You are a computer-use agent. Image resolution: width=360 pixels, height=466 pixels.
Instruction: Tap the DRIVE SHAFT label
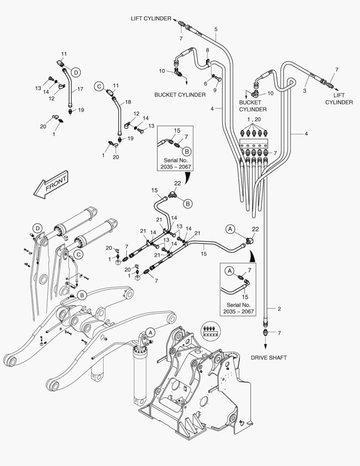click(269, 358)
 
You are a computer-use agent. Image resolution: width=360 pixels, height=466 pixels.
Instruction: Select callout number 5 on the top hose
click(216, 29)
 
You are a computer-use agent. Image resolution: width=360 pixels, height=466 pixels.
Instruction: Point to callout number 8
click(207, 50)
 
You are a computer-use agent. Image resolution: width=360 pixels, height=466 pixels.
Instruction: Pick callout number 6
click(205, 83)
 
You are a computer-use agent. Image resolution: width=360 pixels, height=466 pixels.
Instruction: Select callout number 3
click(304, 91)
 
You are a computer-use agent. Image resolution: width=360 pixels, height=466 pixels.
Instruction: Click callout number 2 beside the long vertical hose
click(279, 309)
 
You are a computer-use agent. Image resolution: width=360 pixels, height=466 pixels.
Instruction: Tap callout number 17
click(81, 90)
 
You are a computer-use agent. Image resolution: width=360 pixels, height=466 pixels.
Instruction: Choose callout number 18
click(128, 102)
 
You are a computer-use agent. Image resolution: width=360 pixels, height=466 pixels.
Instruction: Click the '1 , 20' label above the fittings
click(254, 119)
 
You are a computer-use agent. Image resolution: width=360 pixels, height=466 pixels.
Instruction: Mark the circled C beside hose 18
click(99, 87)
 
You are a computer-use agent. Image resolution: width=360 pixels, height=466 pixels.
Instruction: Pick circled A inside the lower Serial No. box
click(230, 271)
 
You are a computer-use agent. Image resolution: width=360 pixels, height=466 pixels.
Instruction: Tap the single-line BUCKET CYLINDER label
click(180, 94)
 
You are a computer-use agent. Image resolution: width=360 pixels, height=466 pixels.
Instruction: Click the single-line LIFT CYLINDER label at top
click(151, 18)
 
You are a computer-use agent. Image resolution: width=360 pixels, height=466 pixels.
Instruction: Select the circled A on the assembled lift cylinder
click(150, 332)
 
